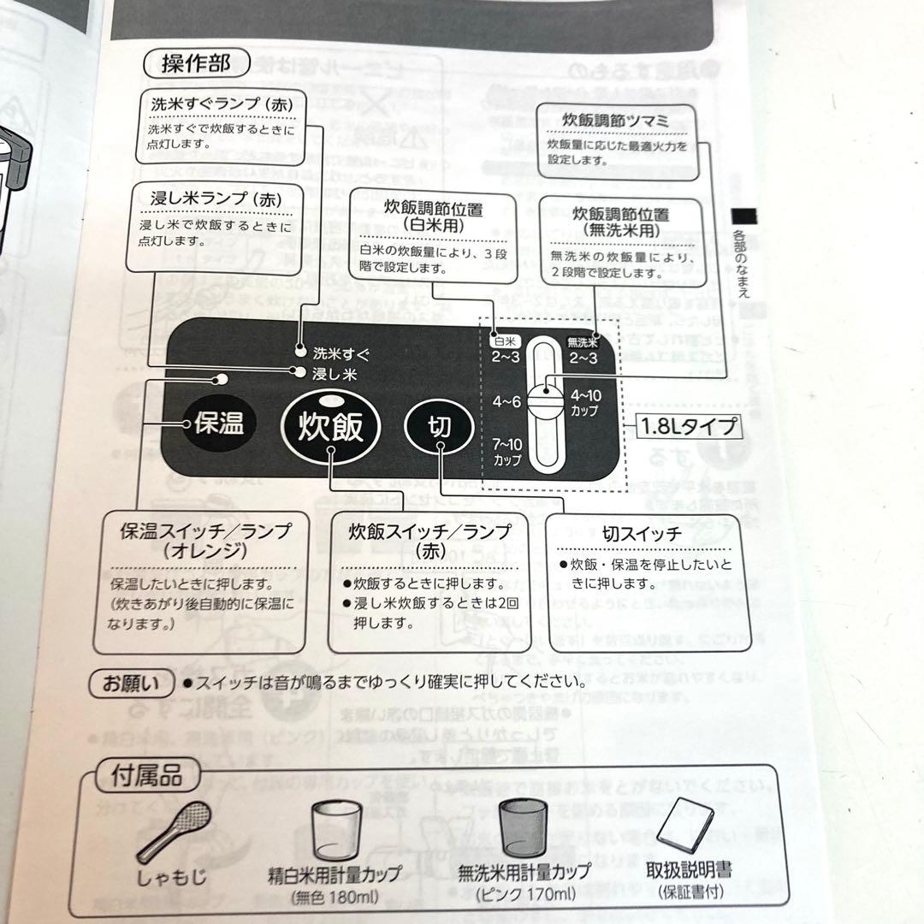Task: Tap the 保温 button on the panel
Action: pyautogui.click(x=217, y=423)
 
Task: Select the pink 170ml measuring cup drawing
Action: pyautogui.click(x=522, y=828)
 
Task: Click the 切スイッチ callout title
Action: pyautogui.click(x=642, y=535)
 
